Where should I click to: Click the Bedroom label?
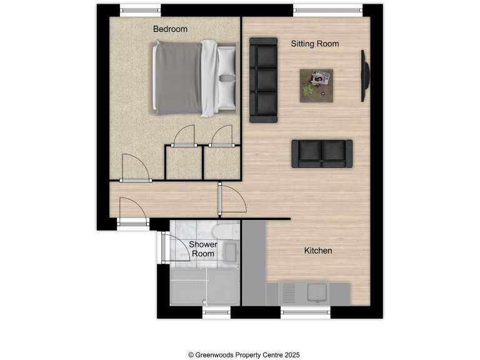pyautogui.click(x=170, y=29)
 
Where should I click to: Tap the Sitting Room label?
pyautogui.click(x=315, y=43)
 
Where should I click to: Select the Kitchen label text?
pyautogui.click(x=317, y=251)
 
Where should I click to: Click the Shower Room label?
pyautogui.click(x=203, y=249)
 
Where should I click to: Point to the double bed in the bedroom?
pyautogui.click(x=194, y=79)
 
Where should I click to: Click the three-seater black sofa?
pyautogui.click(x=263, y=79)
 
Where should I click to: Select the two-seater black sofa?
pyautogui.click(x=321, y=153)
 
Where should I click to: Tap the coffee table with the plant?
pyautogui.click(x=316, y=84)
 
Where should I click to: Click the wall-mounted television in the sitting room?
pyautogui.click(x=364, y=76)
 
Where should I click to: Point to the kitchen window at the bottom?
pyautogui.click(x=306, y=311)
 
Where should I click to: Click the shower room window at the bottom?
pyautogui.click(x=217, y=311)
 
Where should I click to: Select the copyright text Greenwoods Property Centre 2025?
pyautogui.click(x=240, y=354)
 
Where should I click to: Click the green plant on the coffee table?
pyautogui.click(x=307, y=91)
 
